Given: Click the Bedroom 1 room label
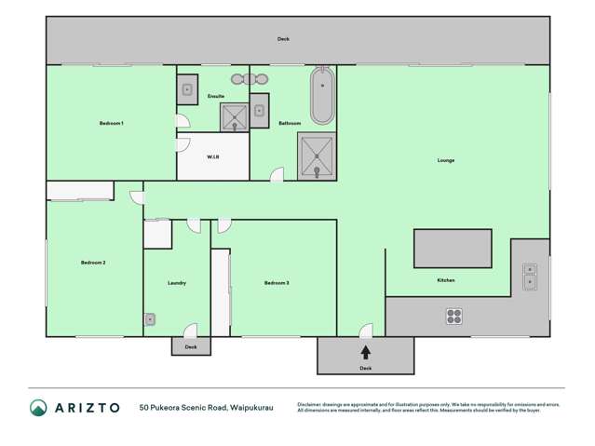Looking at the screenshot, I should (112, 123).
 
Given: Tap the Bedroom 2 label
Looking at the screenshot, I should (93, 263).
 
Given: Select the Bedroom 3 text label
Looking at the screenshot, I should (277, 282).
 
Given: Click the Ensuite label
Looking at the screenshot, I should (216, 96).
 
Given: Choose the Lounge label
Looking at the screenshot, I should (446, 160).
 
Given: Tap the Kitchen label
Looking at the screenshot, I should (446, 280).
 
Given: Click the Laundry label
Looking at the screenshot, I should (177, 282).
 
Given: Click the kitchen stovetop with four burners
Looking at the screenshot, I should (454, 316).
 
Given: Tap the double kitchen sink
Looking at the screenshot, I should (529, 277).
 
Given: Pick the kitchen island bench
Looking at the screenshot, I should (453, 249).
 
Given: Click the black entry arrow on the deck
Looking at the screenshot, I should (365, 352).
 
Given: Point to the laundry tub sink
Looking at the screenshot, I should (150, 319).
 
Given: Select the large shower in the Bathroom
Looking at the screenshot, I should (317, 155).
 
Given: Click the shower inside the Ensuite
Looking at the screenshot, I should (234, 117).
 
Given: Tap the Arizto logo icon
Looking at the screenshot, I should (38, 407).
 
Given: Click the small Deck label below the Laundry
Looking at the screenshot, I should (191, 346).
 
